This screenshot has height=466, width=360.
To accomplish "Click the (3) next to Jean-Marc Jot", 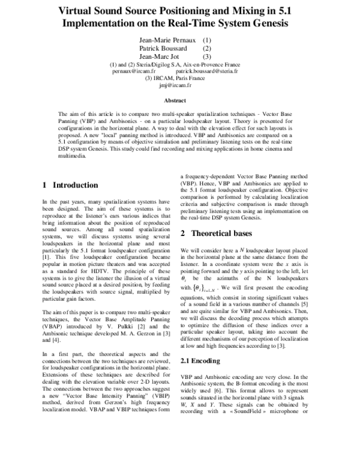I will pyautogui.click(x=208, y=56).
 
